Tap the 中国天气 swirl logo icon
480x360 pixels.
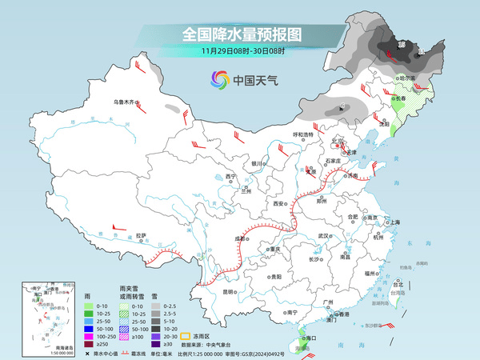pos(219,80)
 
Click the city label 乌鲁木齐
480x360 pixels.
pos(126,102)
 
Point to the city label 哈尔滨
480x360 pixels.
pos(409,78)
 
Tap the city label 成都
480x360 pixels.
pos(240,238)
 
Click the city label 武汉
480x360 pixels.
pos(323,236)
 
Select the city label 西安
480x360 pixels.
pos(279,205)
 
